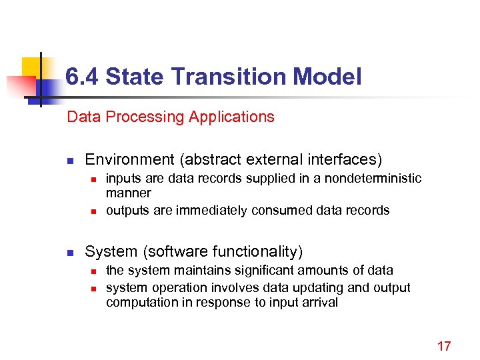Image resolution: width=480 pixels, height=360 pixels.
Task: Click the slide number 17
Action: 444,346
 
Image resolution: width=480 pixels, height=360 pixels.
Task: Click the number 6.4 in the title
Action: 82,77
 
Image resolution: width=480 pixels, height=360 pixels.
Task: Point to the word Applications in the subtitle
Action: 231,117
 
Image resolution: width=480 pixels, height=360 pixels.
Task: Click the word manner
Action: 129,193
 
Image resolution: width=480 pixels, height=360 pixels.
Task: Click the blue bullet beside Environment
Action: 69,160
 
